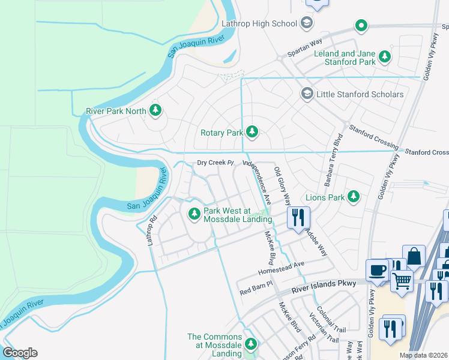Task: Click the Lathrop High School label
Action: click(259, 23)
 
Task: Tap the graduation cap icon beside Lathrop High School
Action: click(307, 23)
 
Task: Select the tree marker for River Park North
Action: click(155, 110)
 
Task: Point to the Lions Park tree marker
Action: click(354, 196)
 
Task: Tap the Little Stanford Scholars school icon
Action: click(307, 94)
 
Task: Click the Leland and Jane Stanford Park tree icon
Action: click(384, 58)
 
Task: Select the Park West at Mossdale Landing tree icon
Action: click(194, 214)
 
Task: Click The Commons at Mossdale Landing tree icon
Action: click(252, 344)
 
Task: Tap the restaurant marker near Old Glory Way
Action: click(298, 217)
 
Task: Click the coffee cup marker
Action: click(378, 270)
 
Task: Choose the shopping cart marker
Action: click(402, 280)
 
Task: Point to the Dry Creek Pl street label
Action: click(214, 163)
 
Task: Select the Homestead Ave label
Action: click(282, 268)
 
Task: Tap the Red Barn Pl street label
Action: click(256, 292)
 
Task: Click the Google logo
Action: click(20, 353)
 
